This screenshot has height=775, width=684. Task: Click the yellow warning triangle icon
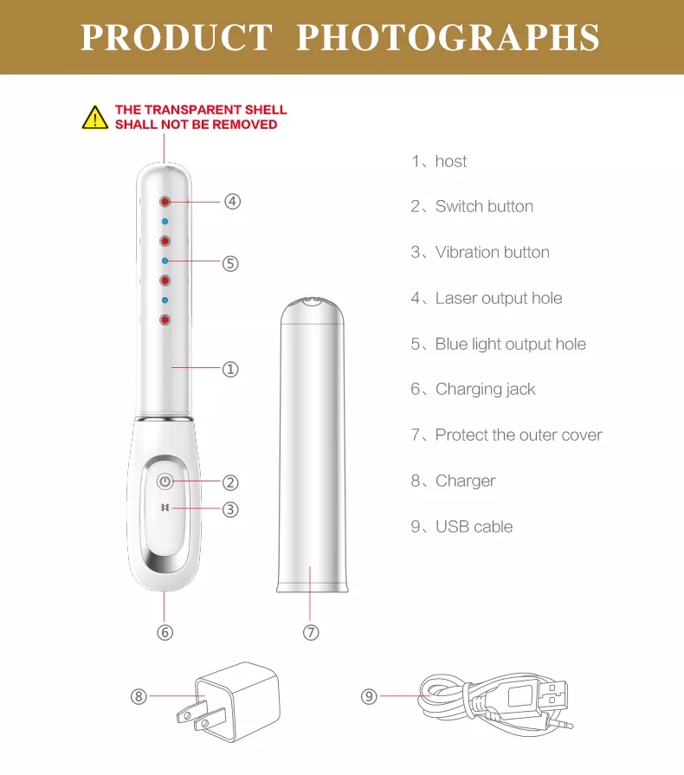click(95, 118)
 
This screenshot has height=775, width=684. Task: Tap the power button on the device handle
click(165, 481)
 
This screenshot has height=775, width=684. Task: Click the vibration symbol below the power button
click(164, 508)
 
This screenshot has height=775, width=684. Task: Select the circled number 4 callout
click(232, 201)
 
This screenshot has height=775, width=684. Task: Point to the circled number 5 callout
click(229, 263)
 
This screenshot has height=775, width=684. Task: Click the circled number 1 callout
click(230, 369)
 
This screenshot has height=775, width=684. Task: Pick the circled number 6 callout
click(165, 633)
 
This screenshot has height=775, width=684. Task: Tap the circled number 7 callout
click(312, 633)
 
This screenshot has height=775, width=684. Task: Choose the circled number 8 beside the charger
click(139, 696)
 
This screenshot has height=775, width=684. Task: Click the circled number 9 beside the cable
click(369, 696)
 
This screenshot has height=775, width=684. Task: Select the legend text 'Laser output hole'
click(499, 298)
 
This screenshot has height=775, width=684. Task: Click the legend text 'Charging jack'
click(485, 390)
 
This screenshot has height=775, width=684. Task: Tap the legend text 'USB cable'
click(474, 526)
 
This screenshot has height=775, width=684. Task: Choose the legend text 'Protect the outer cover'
click(519, 435)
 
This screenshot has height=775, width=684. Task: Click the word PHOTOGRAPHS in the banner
click(448, 38)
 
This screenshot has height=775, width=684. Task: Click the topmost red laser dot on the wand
click(164, 201)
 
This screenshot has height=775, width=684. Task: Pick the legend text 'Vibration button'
click(492, 252)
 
